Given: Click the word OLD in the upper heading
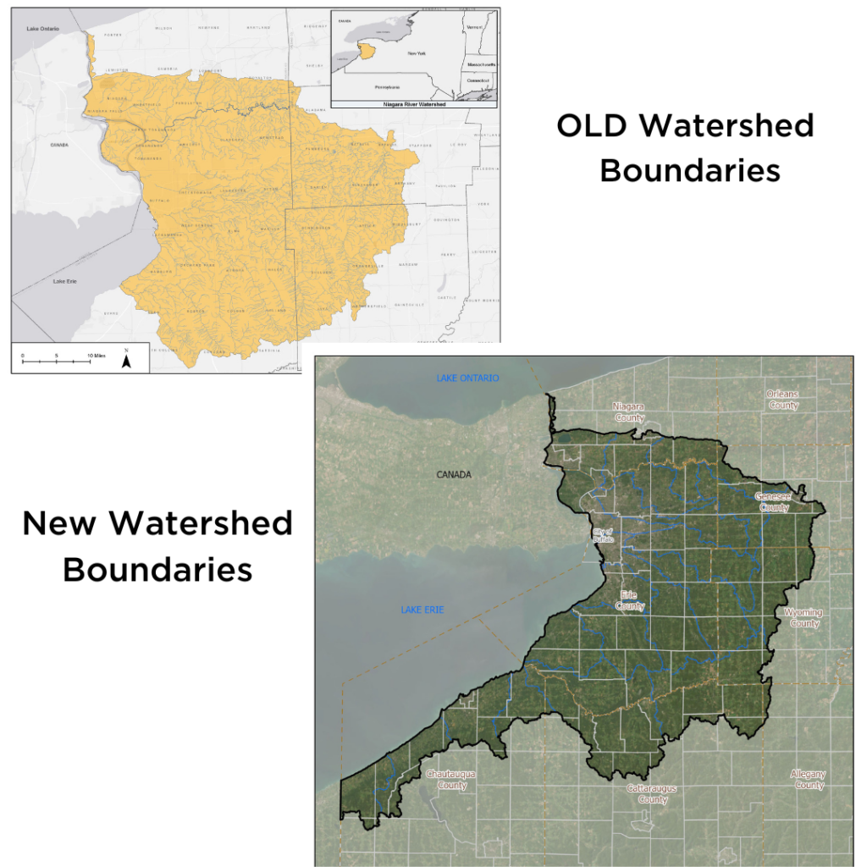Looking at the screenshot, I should coord(593,126).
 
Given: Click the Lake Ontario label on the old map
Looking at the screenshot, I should coord(41,29).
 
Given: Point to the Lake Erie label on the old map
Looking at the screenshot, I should coord(64,280).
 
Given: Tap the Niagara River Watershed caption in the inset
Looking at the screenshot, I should coord(414,103).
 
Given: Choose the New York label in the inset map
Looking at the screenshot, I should coord(416,53).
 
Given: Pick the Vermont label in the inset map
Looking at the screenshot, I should coord(474,27).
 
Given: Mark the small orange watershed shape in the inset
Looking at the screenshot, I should coord(366,51).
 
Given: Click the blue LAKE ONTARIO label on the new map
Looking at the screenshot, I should coord(467,378).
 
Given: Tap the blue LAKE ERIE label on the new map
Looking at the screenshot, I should coord(422,610).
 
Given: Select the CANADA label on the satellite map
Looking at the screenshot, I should coord(453,475).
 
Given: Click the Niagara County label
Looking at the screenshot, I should coord(628,412).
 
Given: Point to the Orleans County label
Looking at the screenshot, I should coord(783,400).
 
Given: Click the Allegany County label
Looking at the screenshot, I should coord(807,780).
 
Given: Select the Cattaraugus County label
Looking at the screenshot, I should coord(653,794).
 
